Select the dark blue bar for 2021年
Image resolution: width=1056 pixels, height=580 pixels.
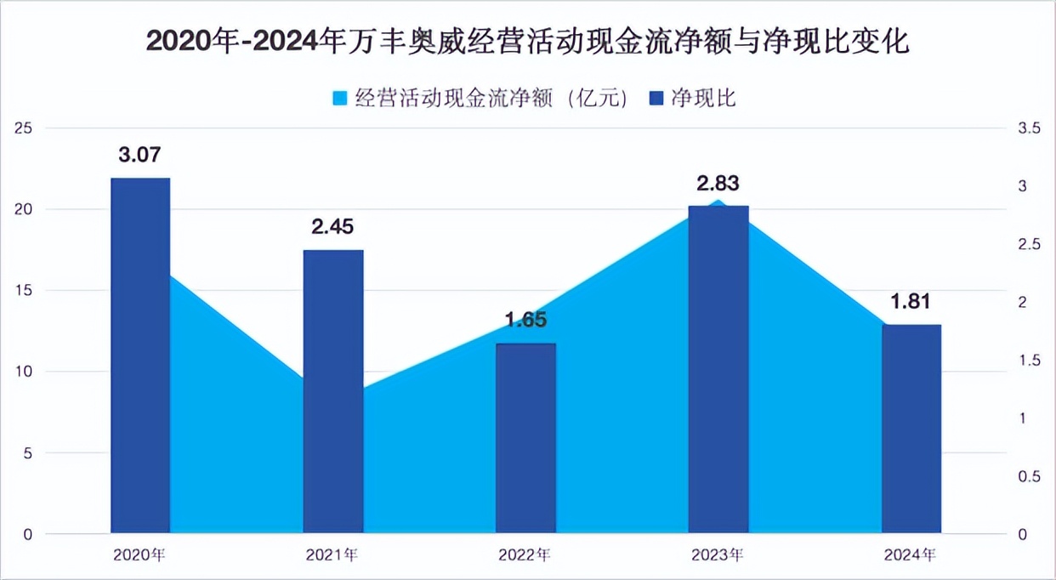coord(333,391)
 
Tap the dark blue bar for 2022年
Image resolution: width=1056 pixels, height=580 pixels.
coord(525,438)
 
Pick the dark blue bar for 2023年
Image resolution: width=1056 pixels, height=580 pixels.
coord(718,369)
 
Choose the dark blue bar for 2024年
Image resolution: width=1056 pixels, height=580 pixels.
coord(911,429)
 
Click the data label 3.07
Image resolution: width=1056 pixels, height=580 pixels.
coord(140,156)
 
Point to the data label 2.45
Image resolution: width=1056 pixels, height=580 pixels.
coord(333,227)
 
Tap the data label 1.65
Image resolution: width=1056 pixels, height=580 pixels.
coord(525,321)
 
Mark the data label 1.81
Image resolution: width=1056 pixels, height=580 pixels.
coord(911,302)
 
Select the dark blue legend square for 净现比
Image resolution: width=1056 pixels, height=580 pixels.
coord(656,99)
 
